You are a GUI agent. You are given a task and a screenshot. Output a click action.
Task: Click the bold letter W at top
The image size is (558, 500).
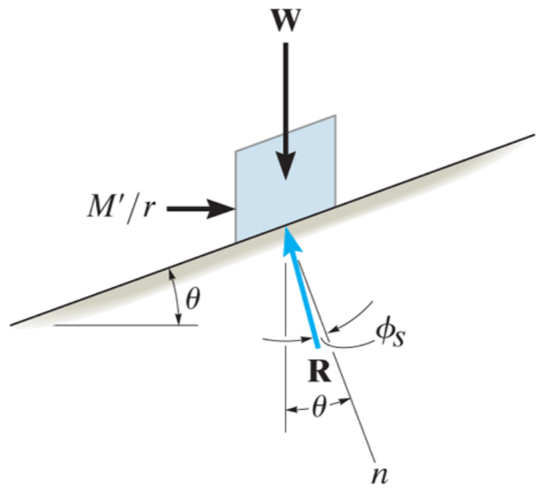[286, 20]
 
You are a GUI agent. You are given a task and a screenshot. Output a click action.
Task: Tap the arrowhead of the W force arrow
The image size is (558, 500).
[286, 165]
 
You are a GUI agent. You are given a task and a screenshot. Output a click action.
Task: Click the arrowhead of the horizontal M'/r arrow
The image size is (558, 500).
[221, 208]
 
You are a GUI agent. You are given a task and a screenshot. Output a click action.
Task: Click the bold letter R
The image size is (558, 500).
[319, 371]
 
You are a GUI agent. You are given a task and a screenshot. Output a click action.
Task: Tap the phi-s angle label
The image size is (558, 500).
[390, 335]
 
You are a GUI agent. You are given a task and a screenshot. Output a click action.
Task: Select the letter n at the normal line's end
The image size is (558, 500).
[379, 475]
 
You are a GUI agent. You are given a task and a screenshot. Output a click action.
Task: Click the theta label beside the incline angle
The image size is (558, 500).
[193, 299]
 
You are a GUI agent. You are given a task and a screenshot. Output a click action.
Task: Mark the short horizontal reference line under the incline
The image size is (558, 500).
[125, 325]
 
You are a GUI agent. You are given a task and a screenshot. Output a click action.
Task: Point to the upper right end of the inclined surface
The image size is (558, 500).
[535, 135]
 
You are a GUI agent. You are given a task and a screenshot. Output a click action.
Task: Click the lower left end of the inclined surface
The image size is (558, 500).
[11, 324]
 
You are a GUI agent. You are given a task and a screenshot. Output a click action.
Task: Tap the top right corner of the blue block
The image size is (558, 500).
[336, 115]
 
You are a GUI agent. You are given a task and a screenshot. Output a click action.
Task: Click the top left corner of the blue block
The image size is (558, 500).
[235, 151]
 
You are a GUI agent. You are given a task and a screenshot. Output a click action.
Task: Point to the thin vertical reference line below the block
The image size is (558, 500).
[285, 348]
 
